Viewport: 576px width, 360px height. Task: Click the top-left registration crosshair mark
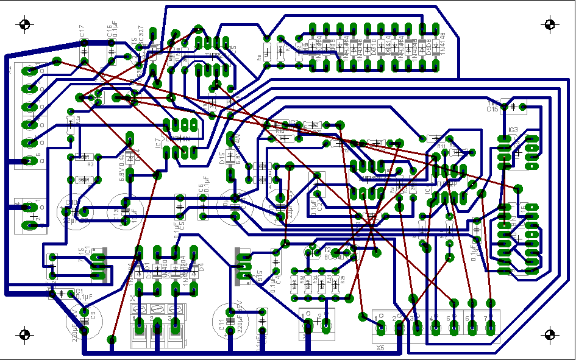pos(24,25)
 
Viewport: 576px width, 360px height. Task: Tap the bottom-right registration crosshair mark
pos(550,334)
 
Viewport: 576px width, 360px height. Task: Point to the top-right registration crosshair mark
pos(550,25)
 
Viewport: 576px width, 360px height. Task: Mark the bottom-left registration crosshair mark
pos(24,334)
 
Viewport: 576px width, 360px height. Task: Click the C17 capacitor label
pos(82,32)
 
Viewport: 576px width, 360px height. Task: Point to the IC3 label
pos(513,130)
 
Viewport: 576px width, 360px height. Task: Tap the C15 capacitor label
pos(492,110)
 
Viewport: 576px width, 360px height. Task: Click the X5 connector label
pos(380,347)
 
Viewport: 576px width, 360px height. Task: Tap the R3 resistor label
pos(90,164)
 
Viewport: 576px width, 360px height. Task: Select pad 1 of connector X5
pos(382,328)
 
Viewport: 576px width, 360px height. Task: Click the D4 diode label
pos(200,266)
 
